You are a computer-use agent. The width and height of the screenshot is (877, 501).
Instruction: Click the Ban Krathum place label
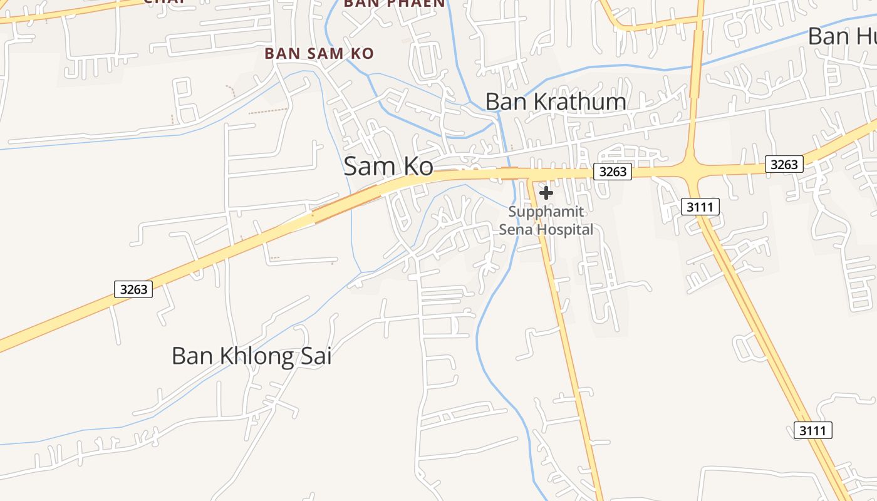(556, 101)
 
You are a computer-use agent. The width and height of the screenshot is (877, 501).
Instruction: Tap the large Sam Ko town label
(388, 167)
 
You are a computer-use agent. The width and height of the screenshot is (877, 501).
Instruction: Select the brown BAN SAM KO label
(319, 54)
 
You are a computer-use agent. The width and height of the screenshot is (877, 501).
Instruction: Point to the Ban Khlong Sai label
(251, 356)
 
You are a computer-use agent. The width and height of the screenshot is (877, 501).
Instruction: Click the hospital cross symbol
(546, 193)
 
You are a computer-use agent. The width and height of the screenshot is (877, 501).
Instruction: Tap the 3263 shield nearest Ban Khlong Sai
(133, 289)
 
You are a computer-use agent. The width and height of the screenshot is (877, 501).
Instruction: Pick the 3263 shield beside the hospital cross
(612, 172)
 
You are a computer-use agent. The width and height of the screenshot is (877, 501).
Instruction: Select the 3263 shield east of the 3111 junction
(784, 164)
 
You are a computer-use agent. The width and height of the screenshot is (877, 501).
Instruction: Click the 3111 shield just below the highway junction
(700, 207)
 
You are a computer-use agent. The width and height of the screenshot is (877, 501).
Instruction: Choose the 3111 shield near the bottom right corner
(813, 430)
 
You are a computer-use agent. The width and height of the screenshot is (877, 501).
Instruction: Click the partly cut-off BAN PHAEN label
(395, 3)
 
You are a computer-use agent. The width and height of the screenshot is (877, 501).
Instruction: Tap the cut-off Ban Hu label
(842, 36)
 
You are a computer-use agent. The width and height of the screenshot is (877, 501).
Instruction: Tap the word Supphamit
(546, 212)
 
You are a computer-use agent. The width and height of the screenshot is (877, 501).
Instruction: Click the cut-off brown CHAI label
(164, 2)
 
